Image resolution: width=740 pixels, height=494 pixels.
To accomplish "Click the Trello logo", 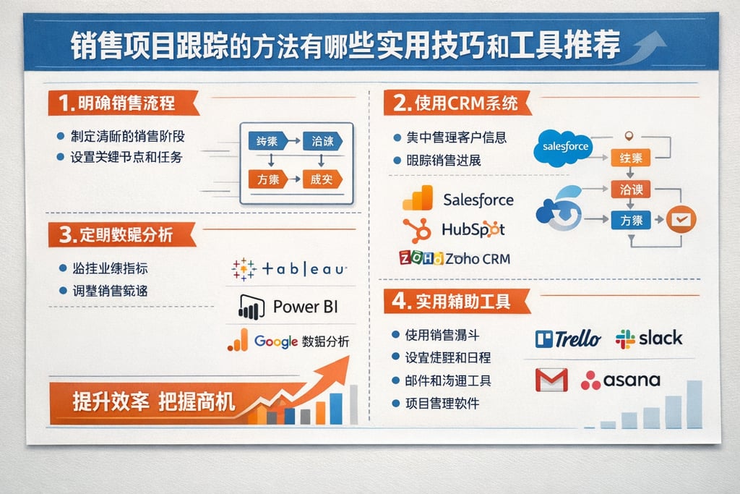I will [x=568, y=338].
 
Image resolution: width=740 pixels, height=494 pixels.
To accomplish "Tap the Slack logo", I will [x=648, y=338].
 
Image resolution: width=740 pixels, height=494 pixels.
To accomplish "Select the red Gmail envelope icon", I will [x=551, y=380].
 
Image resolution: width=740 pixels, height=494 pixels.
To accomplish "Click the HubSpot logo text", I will [x=473, y=229].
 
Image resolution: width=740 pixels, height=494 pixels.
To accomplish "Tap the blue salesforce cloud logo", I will [x=564, y=147].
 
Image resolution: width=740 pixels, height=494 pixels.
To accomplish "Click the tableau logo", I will [x=289, y=268].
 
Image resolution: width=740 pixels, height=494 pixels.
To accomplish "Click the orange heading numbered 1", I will [x=116, y=103].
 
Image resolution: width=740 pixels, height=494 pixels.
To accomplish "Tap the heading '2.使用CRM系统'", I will [x=455, y=103].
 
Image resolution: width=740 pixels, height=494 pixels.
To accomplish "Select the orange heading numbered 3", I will [x=116, y=234].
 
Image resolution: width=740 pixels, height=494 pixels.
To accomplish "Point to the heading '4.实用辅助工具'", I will [x=455, y=301].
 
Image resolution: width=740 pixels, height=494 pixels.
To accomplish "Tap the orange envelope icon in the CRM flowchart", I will [x=680, y=218].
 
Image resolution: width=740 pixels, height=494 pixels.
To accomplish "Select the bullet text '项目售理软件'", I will [x=441, y=403].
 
